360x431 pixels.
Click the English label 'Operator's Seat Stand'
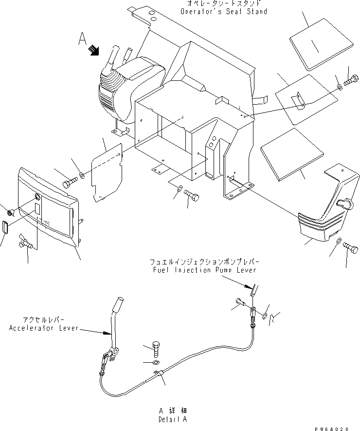click(x=223, y=11)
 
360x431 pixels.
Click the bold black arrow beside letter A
click(x=93, y=49)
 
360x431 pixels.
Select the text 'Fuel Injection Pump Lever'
click(x=203, y=269)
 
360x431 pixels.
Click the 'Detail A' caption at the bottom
click(x=172, y=419)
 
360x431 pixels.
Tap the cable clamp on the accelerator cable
click(x=158, y=373)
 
